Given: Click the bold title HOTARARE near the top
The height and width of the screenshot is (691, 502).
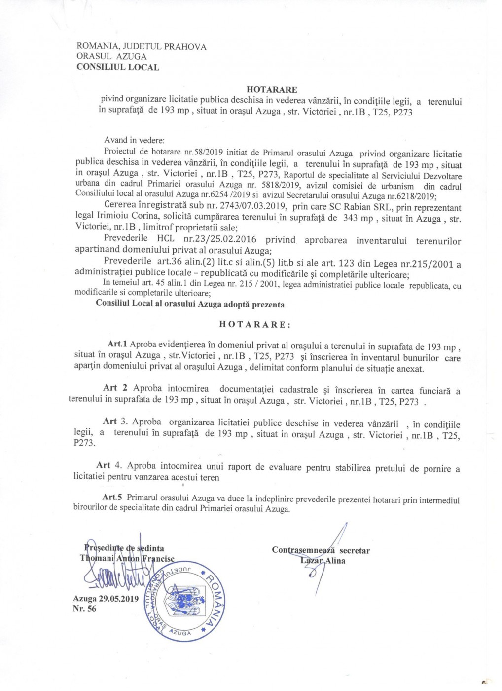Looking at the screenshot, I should [x=272, y=90].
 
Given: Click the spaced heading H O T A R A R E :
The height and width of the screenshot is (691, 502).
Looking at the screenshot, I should [x=255, y=325].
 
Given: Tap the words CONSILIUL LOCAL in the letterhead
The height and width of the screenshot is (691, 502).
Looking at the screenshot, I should [x=118, y=67].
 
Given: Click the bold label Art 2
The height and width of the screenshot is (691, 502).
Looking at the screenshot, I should [x=115, y=388].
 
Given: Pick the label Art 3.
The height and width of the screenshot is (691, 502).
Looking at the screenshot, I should [x=115, y=422].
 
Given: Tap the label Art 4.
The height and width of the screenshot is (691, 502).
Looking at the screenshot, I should [x=108, y=465].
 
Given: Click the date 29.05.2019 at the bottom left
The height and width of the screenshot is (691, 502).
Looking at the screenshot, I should [x=119, y=599].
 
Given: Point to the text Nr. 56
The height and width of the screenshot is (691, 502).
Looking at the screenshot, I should [x=84, y=609].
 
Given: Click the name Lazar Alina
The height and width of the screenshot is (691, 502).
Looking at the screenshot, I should [x=323, y=561].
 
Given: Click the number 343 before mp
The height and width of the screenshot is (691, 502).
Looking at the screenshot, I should [x=350, y=218].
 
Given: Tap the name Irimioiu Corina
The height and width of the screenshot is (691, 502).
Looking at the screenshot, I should [x=130, y=218].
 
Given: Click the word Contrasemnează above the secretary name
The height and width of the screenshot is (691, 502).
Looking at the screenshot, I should [x=304, y=550].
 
